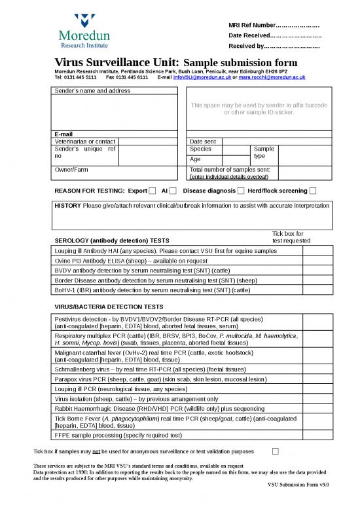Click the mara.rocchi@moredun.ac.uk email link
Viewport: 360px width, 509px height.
pos(272,77)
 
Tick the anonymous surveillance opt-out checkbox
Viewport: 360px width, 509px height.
pos(275,451)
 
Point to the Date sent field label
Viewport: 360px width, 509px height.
pos(202,141)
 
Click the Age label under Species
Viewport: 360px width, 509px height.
pos(194,159)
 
